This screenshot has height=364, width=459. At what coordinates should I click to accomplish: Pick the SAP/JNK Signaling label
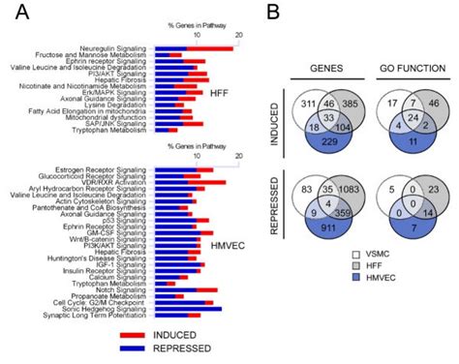tap(125, 121)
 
